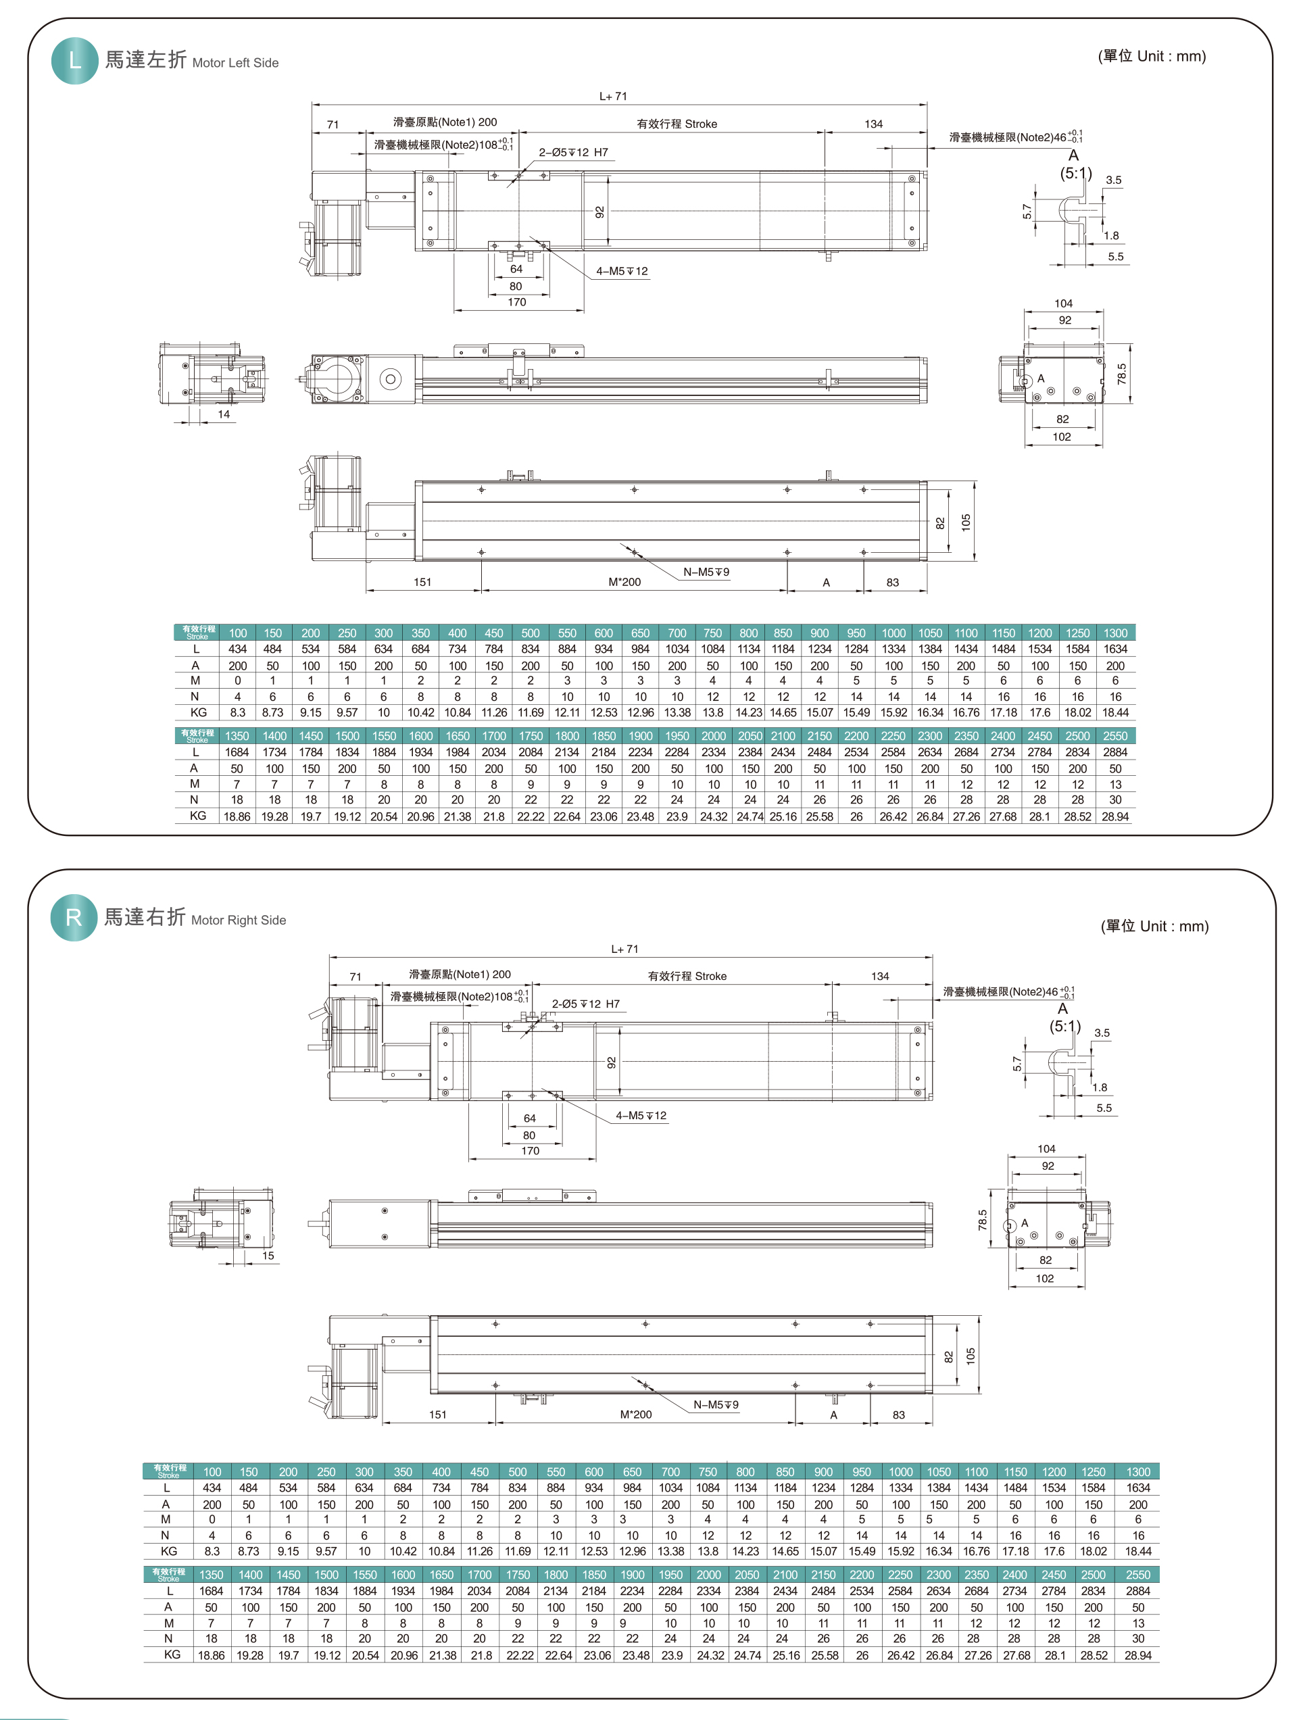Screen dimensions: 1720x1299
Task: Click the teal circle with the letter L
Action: pyautogui.click(x=74, y=61)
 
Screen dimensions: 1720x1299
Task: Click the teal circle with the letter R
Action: pyautogui.click(x=74, y=918)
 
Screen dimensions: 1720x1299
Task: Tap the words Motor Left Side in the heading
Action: pyautogui.click(x=235, y=63)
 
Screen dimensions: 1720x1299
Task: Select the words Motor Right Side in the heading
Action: pyautogui.click(x=239, y=920)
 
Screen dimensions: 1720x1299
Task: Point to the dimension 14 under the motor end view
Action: pyautogui.click(x=224, y=414)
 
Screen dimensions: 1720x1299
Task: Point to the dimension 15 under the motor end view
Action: pyautogui.click(x=268, y=1256)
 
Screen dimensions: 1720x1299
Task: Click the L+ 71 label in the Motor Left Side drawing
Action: pyautogui.click(x=612, y=97)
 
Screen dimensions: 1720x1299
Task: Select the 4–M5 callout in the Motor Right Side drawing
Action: pyautogui.click(x=641, y=1116)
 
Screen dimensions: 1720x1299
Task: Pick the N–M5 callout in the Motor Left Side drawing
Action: pyautogui.click(x=706, y=572)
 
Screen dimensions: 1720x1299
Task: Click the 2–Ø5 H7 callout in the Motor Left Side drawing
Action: pyautogui.click(x=574, y=153)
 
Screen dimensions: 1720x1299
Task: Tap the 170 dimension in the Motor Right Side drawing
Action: pyautogui.click(x=530, y=1151)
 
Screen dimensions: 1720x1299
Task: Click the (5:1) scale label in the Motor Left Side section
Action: pyautogui.click(x=1076, y=174)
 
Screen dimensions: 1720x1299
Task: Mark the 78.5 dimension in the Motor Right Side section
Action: pyautogui.click(x=983, y=1219)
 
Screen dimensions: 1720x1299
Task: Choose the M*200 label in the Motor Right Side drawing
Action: pyautogui.click(x=636, y=1415)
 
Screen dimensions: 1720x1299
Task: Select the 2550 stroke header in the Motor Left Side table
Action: pyautogui.click(x=1114, y=735)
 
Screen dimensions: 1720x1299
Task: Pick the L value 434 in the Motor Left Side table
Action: pyautogui.click(x=237, y=649)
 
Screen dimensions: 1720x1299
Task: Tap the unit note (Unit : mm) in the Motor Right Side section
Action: pyautogui.click(x=1154, y=926)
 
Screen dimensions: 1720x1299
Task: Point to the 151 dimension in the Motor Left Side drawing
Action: pyautogui.click(x=422, y=583)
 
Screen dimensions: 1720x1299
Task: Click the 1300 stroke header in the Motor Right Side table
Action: pyautogui.click(x=1138, y=1472)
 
